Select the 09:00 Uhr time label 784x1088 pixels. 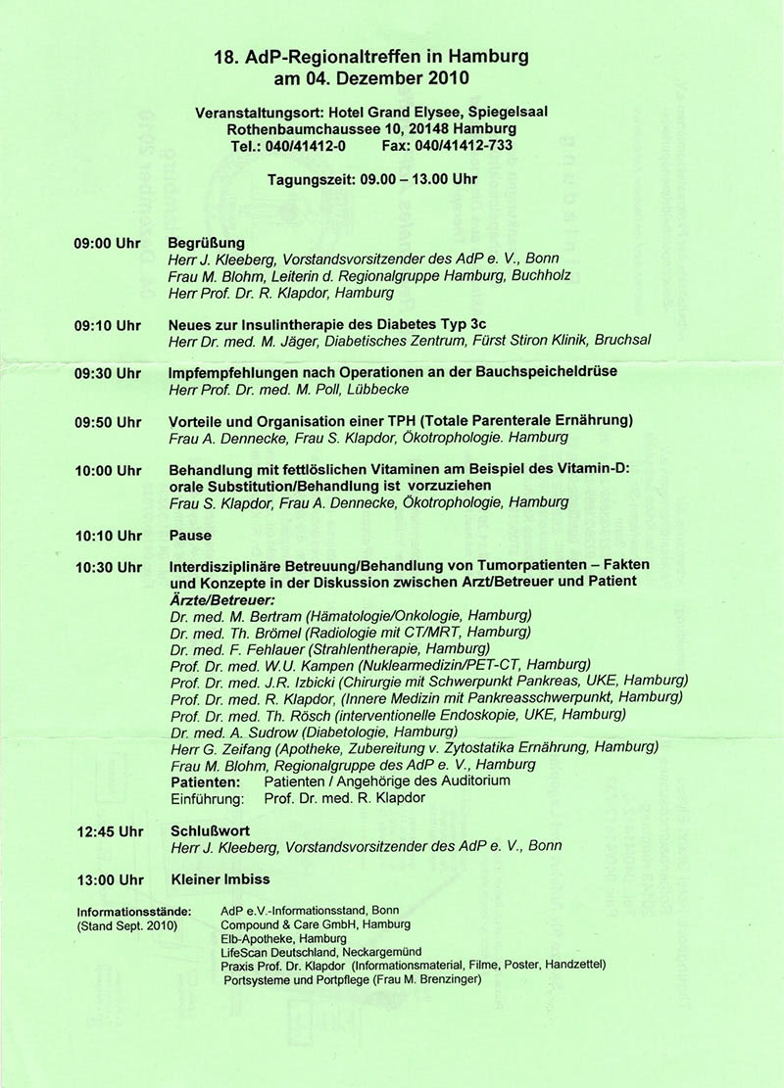click(108, 242)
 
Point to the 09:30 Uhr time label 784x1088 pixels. click(108, 373)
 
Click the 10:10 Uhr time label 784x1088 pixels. click(108, 536)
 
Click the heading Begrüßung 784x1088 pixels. click(207, 242)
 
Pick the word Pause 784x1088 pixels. click(190, 536)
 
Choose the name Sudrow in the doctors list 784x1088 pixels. click(269, 732)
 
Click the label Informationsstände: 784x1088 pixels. click(134, 912)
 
